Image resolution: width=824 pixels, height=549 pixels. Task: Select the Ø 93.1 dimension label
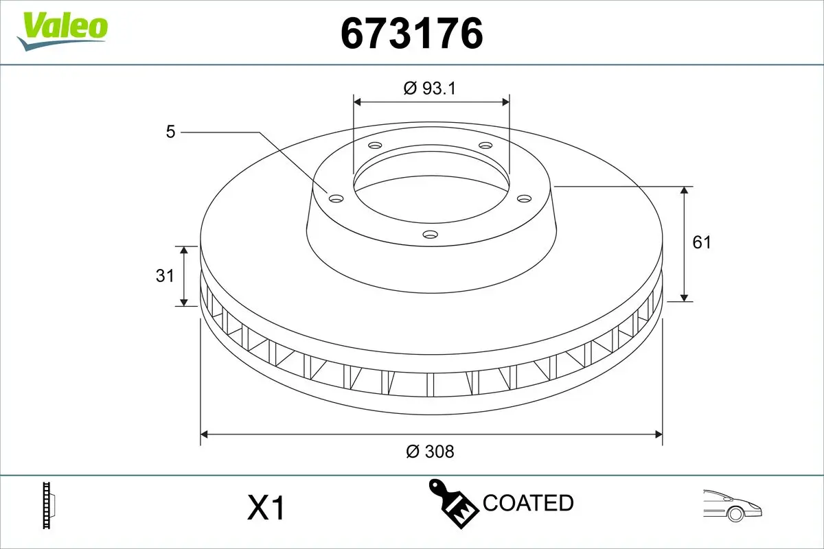(x=431, y=88)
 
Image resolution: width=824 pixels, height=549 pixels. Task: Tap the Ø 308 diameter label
(x=431, y=451)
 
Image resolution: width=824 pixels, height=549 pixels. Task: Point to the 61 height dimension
(x=701, y=242)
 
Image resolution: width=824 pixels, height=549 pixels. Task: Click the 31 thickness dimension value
(x=164, y=276)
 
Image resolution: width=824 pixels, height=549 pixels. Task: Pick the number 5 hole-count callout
(x=170, y=131)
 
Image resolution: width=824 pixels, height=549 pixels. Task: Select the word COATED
(x=528, y=503)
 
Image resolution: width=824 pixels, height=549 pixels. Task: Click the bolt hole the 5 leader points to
(x=336, y=198)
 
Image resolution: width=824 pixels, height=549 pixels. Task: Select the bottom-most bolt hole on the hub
(x=431, y=235)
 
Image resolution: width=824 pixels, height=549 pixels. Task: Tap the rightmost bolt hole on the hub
(x=525, y=198)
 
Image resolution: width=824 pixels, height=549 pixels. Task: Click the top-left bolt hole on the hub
(x=374, y=145)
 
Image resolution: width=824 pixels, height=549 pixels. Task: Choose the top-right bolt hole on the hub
(x=485, y=145)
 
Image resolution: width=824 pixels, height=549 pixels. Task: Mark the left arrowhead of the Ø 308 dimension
(x=205, y=434)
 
